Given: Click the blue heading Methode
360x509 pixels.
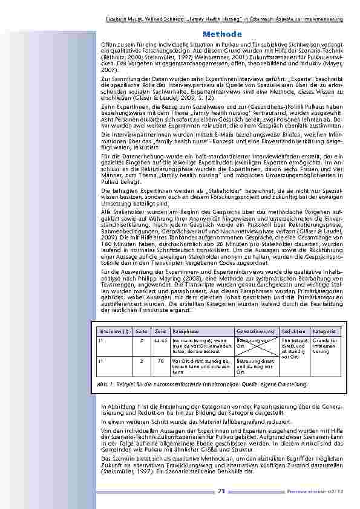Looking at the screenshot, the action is [223, 34].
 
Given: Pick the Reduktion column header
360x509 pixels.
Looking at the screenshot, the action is [293, 332].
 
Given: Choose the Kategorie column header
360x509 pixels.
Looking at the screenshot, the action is [326, 332].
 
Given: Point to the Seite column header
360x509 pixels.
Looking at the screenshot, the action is [141, 332].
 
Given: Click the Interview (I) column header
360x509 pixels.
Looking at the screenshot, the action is [113, 332].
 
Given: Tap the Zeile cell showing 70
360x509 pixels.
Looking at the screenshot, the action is [160, 361].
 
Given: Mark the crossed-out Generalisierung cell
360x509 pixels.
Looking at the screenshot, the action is [255, 346].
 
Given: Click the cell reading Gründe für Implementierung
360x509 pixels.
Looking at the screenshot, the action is [327, 346].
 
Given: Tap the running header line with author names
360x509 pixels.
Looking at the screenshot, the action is [224, 19].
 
